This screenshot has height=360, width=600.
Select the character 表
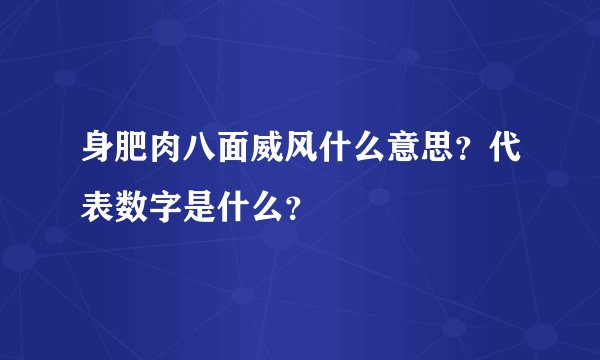pyautogui.click(x=96, y=204)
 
